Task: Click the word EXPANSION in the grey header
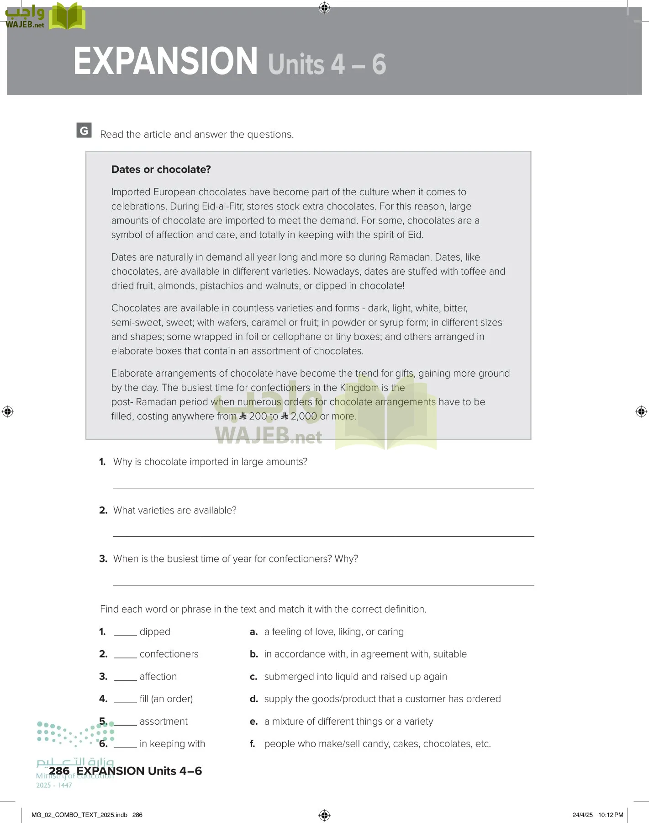click(166, 61)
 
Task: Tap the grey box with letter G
click(84, 130)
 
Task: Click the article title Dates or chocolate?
click(161, 169)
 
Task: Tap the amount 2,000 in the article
click(303, 416)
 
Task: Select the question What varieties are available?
click(174, 510)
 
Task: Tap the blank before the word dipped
click(125, 633)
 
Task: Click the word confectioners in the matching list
click(169, 654)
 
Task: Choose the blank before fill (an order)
click(125, 700)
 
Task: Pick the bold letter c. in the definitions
click(253, 677)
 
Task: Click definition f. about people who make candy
click(377, 744)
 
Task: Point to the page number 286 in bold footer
click(59, 771)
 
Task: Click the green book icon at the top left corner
click(67, 17)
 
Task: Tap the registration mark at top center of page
click(324, 7)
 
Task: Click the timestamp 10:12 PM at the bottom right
click(611, 815)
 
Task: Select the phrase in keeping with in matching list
click(172, 744)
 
